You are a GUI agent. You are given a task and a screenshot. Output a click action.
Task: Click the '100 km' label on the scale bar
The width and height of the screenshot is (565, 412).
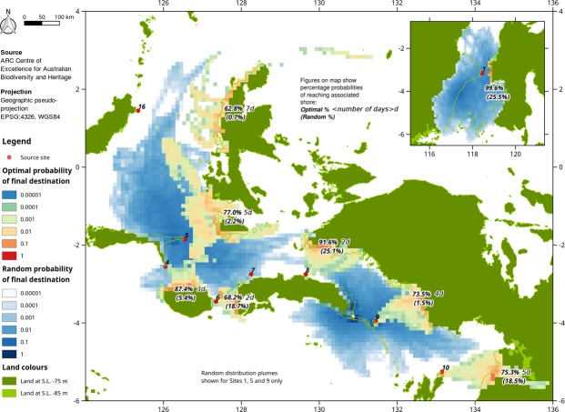63,17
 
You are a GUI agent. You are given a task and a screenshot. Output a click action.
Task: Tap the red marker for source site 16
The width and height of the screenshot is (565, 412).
138,110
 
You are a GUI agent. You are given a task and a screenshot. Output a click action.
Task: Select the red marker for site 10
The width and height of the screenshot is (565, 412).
441,371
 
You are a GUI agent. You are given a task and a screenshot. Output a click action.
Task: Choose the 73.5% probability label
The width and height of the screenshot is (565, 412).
422,294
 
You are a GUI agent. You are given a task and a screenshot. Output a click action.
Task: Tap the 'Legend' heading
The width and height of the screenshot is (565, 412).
18,141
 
